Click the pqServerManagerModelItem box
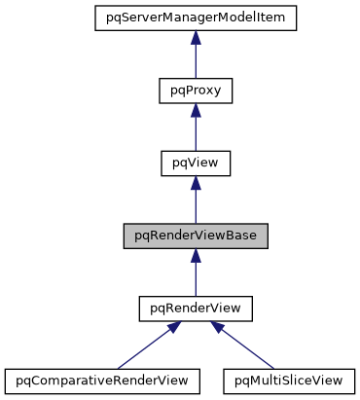(195, 18)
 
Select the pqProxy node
(195, 91)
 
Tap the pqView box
(195, 164)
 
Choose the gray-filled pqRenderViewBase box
(195, 236)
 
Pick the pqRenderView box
(195, 309)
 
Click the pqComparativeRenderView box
(102, 377)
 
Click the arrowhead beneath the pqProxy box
(195, 110)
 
